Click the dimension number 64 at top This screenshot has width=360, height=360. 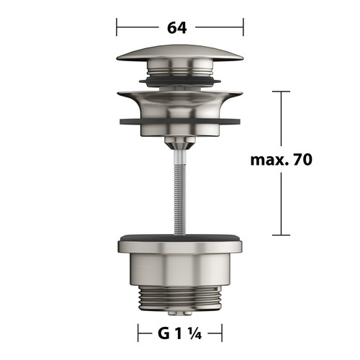[177, 27]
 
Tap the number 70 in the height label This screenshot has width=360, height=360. [303, 159]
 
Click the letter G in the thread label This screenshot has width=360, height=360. [163, 333]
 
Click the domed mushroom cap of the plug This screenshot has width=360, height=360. [180, 53]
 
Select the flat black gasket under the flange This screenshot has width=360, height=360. [180, 121]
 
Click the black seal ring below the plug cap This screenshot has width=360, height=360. [180, 81]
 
